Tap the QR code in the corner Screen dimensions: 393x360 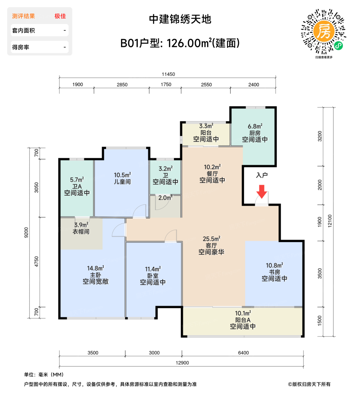point(324,31)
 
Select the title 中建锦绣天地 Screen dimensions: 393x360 point(180,19)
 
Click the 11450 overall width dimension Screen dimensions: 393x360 point(168,74)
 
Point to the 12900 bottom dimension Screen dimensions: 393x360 point(182,363)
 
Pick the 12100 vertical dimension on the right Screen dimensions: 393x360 point(330,221)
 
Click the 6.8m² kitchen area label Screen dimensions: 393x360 point(255,127)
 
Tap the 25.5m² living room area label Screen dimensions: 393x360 point(211,239)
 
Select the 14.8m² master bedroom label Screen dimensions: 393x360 point(95,268)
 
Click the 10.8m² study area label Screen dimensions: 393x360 point(274,266)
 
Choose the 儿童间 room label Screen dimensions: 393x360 point(122,182)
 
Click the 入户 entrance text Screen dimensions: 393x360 point(262,175)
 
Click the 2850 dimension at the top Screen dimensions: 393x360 point(122,84)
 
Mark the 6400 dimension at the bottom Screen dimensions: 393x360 point(243,353)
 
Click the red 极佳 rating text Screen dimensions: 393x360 point(60,16)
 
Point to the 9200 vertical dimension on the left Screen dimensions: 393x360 point(26,232)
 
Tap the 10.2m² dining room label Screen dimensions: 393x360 point(212,167)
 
